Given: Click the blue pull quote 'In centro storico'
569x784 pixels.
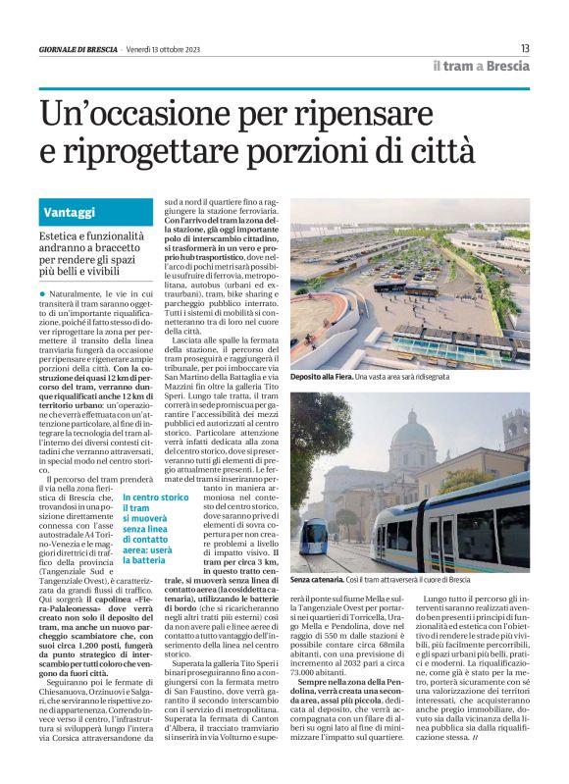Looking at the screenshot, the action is [155, 497].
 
